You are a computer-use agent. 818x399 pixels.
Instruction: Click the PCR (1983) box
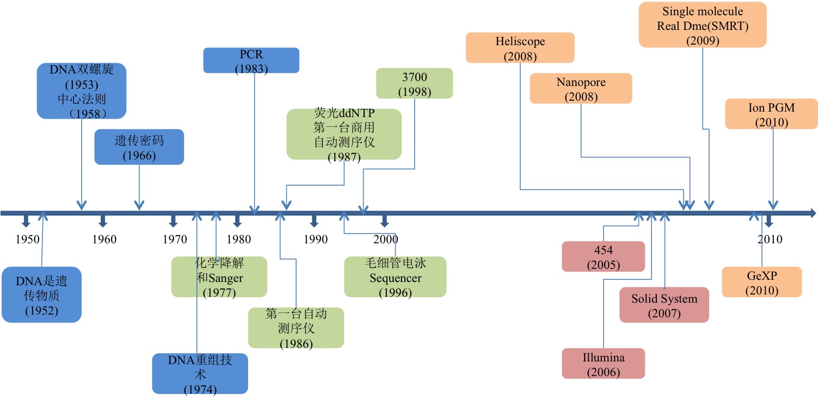pyautogui.click(x=251, y=60)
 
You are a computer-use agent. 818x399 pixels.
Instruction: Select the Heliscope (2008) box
pyautogui.click(x=520, y=48)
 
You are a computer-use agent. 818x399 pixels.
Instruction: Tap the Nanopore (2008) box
pyautogui.click(x=581, y=88)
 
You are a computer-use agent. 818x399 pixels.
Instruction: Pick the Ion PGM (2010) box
pyautogui.click(x=771, y=114)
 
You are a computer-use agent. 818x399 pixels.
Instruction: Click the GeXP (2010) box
pyautogui.click(x=761, y=282)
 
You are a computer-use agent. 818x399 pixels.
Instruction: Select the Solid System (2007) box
pyautogui.click(x=664, y=305)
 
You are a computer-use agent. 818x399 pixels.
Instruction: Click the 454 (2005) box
pyautogui.click(x=603, y=256)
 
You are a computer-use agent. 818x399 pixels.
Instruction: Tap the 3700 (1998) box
pyautogui.click(x=414, y=83)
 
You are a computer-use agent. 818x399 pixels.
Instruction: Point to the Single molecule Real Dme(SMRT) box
pyautogui.click(x=702, y=25)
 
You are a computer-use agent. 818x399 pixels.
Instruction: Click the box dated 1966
pyautogui.click(x=139, y=147)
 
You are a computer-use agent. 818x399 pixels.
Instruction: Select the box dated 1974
pyautogui.click(x=200, y=373)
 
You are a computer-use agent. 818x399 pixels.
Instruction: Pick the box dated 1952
pyautogui.click(x=41, y=294)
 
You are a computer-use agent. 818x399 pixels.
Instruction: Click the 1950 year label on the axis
pyautogui.click(x=27, y=240)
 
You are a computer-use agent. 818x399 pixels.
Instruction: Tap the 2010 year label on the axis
pyautogui.click(x=770, y=240)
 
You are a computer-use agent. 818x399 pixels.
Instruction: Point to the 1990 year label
pyautogui.click(x=316, y=240)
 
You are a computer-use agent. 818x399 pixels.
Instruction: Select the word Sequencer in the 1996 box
pyautogui.click(x=395, y=279)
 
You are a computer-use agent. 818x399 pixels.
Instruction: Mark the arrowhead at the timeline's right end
pyautogui.click(x=812, y=212)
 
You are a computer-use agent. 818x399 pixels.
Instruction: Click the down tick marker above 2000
pyautogui.click(x=384, y=220)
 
